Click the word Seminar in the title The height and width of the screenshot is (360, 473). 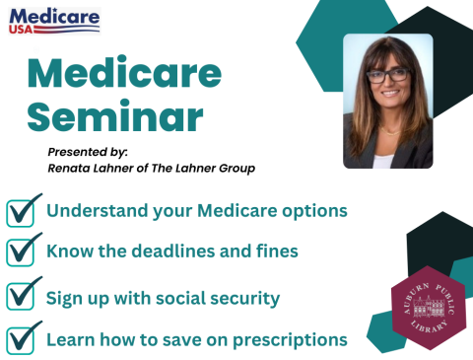(x=114, y=117)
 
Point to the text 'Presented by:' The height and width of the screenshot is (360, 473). (x=88, y=151)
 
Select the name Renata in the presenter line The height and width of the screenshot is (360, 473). (x=71, y=168)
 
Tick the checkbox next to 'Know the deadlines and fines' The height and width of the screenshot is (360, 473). (x=22, y=252)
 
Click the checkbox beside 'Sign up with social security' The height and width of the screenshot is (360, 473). (x=22, y=296)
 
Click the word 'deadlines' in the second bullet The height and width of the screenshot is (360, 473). (x=170, y=252)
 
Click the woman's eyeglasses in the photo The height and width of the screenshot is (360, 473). (x=386, y=75)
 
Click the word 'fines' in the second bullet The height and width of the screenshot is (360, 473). (x=275, y=252)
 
